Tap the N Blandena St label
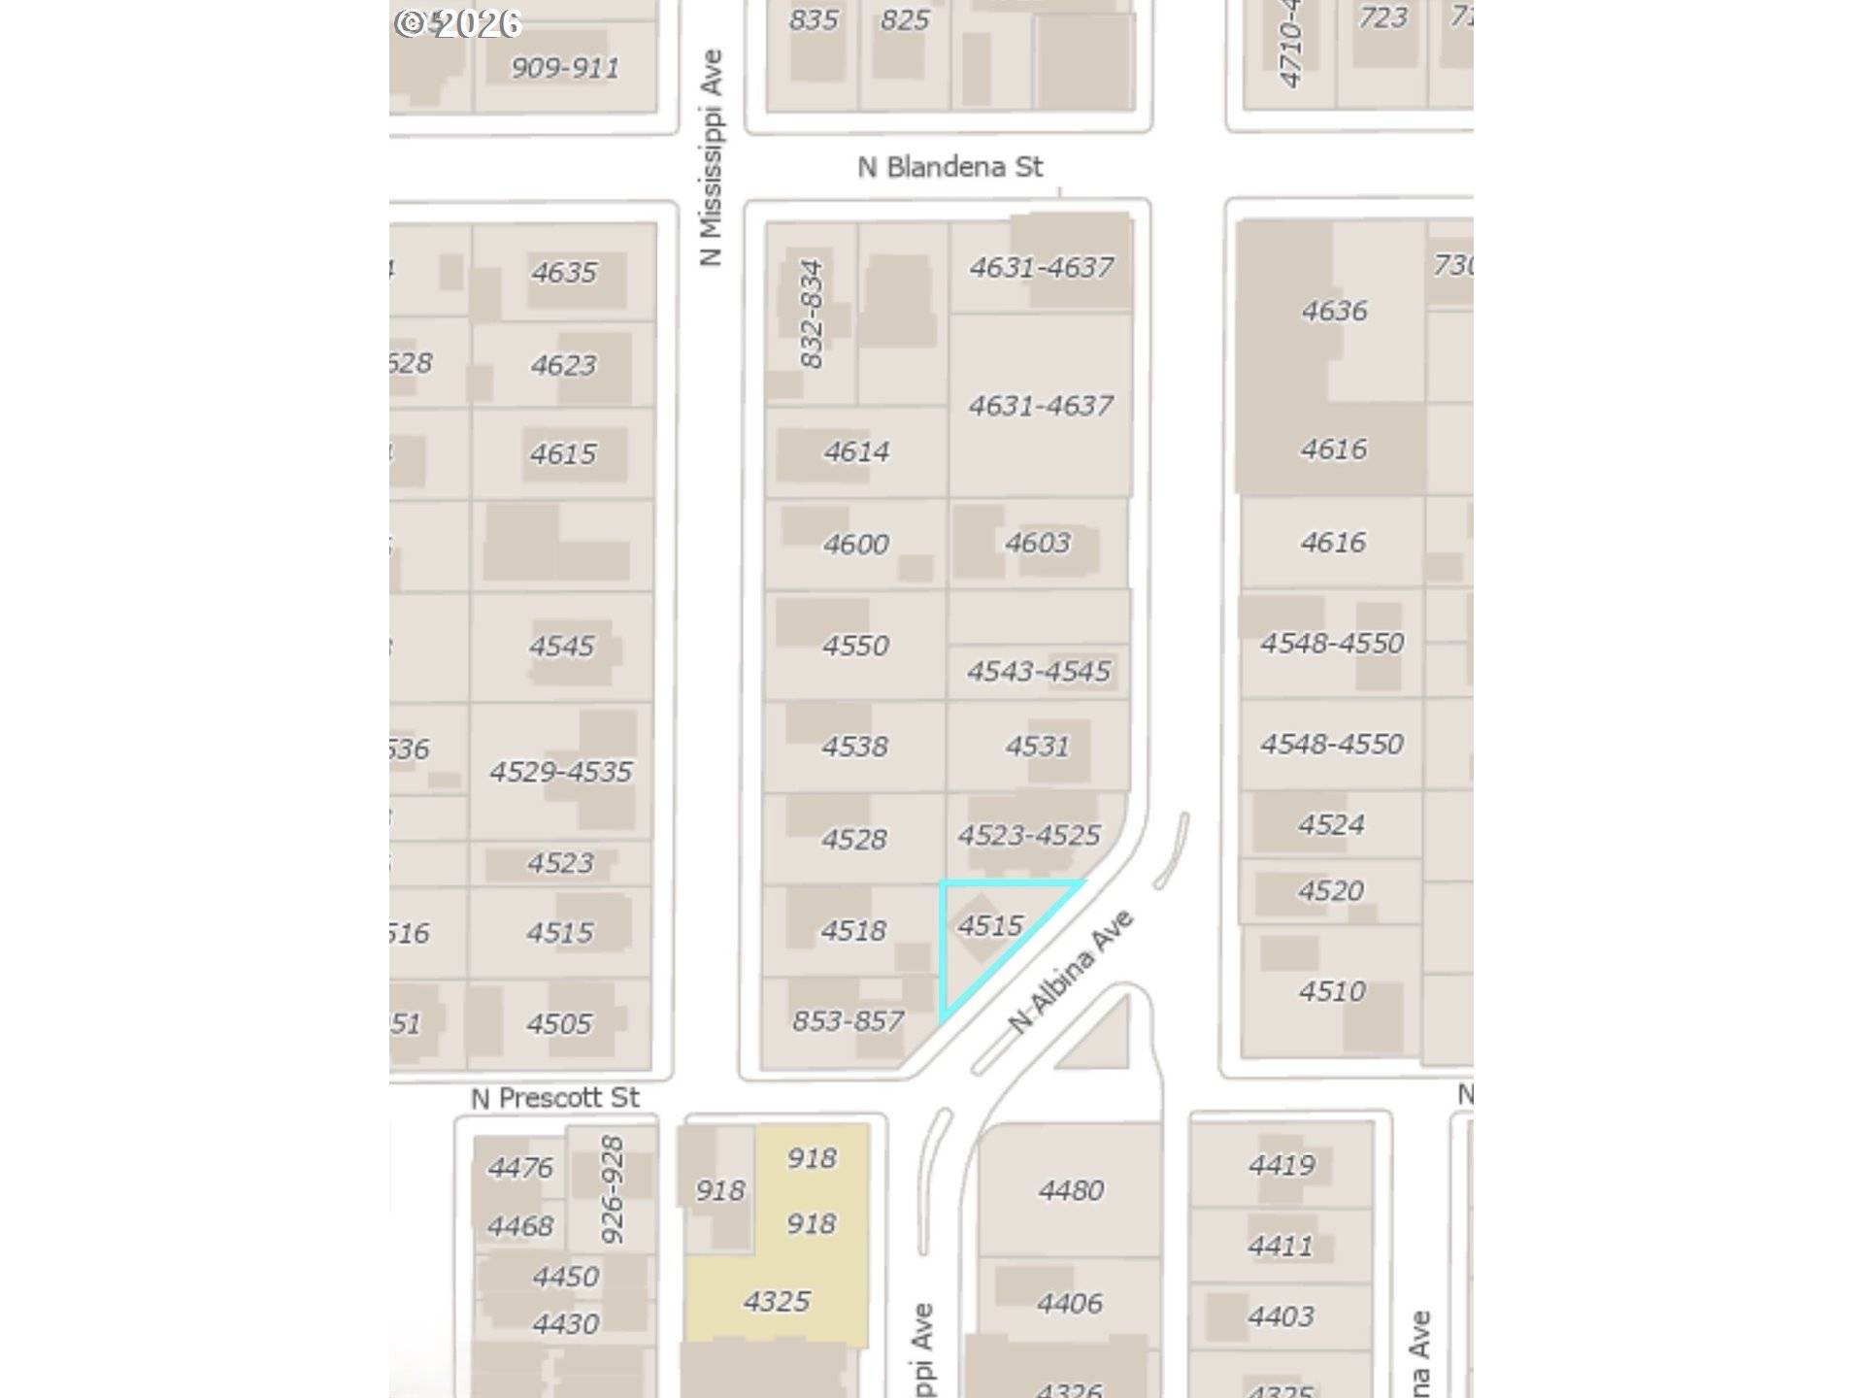coord(949,167)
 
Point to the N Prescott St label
coord(554,1098)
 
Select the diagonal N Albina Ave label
coord(1071,971)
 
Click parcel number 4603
coord(1037,543)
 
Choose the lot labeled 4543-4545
coord(1038,671)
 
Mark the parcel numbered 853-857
coord(848,1020)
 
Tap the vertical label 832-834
coord(812,313)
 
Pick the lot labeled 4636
coord(1334,311)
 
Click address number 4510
coord(1332,991)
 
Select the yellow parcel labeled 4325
coord(776,1301)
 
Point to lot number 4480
coord(1070,1190)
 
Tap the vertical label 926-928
coord(612,1189)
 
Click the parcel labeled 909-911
coord(564,68)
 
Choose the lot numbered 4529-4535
coord(560,772)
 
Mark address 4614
coord(856,451)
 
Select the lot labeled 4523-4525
coord(1029,835)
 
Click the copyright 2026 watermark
coord(457,23)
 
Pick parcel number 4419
coord(1281,1165)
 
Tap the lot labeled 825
coord(904,20)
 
